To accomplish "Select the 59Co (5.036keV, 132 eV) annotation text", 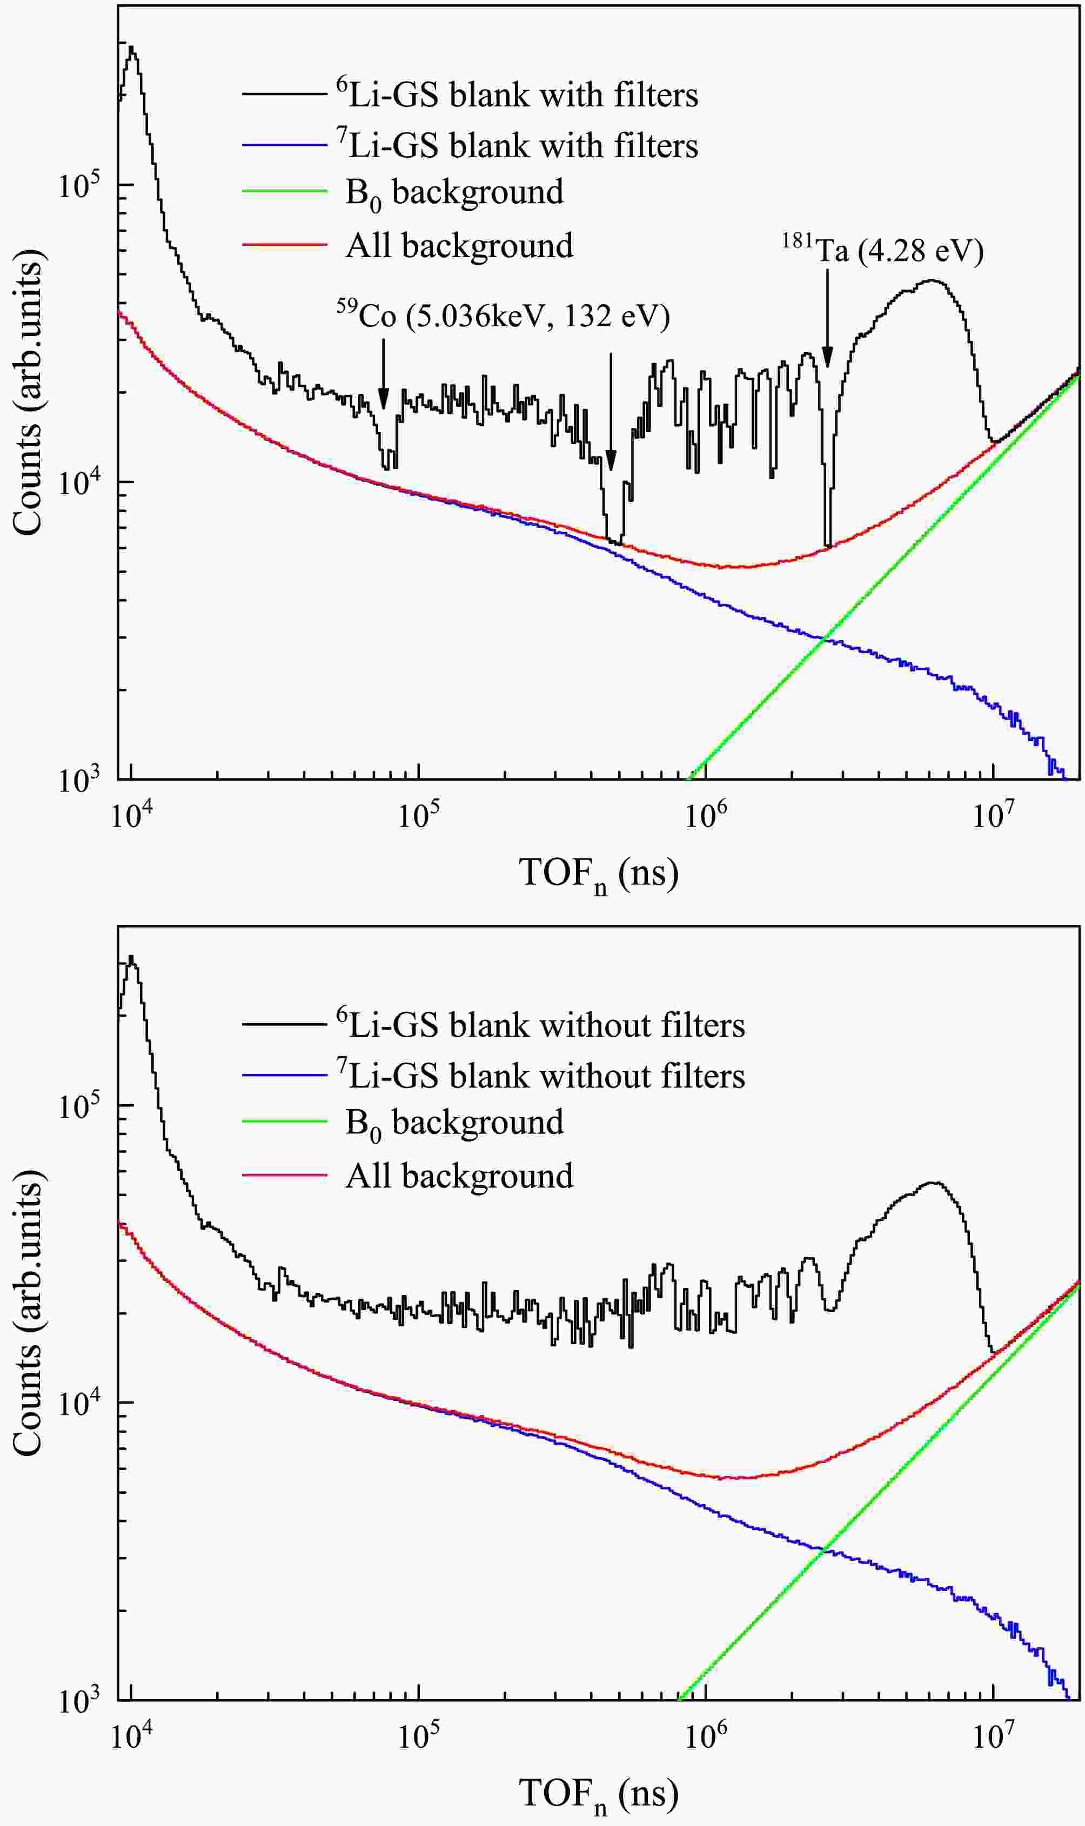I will pos(503,317).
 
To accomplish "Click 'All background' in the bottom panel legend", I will pos(459,1176).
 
